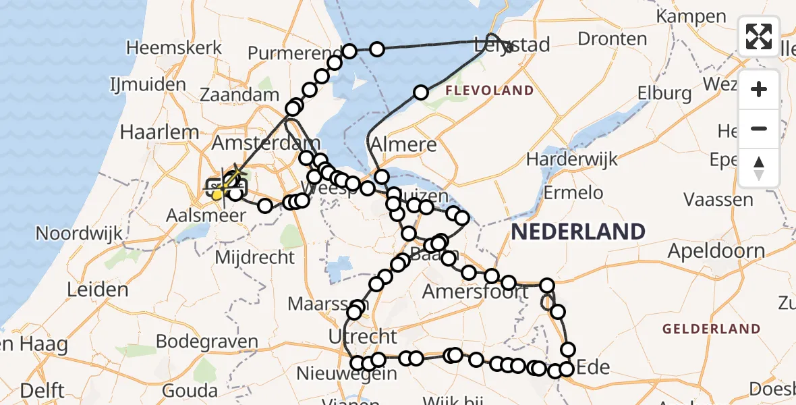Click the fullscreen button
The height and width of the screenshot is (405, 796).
point(759,36)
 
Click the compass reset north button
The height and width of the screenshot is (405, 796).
point(759,167)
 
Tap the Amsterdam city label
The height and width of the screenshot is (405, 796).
point(257,143)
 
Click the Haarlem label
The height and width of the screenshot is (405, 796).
point(159,132)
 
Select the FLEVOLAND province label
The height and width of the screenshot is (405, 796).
point(489,90)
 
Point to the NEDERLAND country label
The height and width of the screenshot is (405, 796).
point(578,232)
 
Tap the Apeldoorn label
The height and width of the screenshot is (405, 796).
point(716,252)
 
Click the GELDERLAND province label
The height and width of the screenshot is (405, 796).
point(712,329)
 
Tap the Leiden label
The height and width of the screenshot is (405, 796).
point(98,290)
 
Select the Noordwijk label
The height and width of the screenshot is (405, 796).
point(79,234)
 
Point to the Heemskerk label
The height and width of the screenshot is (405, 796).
point(174,48)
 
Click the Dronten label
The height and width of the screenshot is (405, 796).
point(613,38)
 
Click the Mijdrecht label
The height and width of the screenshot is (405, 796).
point(255,257)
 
